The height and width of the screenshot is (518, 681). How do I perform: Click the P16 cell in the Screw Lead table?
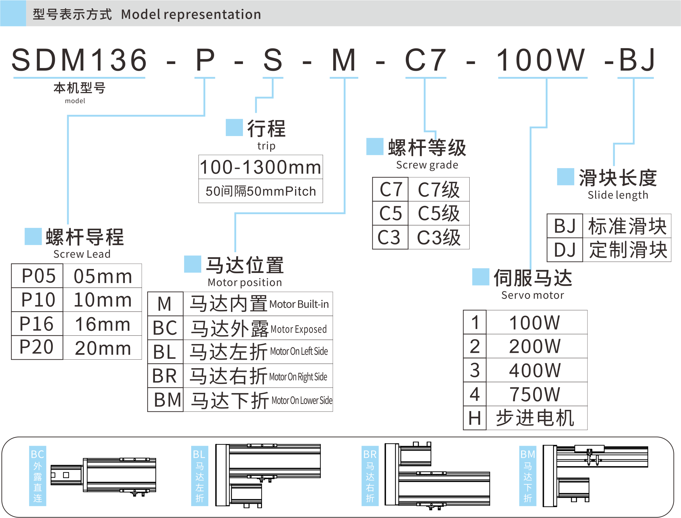coord(37,324)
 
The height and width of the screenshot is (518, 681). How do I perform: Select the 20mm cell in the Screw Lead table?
coord(103,348)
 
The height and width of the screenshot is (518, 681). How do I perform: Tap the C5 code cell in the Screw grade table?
coord(391,214)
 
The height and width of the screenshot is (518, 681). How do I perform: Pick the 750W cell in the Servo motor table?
coord(534,394)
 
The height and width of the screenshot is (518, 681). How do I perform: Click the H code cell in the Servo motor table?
coord(475,418)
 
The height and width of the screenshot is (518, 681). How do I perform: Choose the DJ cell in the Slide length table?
coord(565,250)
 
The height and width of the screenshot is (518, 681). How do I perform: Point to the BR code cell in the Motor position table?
coord(165,376)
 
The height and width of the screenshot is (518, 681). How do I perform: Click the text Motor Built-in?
coord(299,304)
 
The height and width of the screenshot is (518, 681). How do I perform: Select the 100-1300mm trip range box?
coord(260,167)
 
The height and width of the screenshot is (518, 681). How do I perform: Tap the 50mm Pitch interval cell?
coord(260,191)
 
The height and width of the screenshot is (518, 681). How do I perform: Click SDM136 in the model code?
coord(79,60)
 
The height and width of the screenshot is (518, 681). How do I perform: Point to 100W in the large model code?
coord(541,60)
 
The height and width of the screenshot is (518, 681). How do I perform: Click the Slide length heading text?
coord(618,195)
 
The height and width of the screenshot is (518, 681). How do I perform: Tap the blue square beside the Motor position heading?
coord(193,264)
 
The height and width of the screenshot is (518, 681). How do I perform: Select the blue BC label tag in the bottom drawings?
coord(37,476)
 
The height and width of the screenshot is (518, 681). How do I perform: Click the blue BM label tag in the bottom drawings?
coord(528,476)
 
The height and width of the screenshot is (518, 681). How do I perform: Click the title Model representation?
coord(191,14)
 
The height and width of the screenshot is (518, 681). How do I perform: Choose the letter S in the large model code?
coord(273,60)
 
